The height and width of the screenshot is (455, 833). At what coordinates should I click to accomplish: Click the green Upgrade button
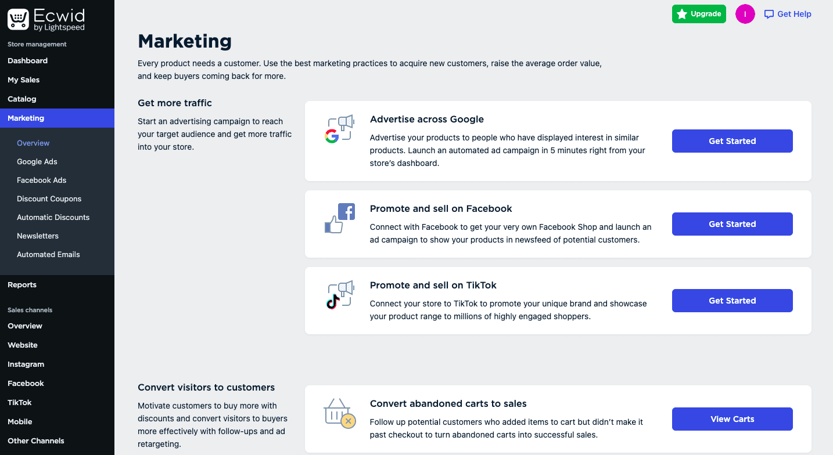699,14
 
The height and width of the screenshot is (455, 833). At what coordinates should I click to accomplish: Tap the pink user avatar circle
745,14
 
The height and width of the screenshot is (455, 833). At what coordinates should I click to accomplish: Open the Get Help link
788,14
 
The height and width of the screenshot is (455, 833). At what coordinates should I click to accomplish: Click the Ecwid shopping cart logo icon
18,19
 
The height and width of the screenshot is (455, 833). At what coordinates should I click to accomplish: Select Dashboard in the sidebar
27,60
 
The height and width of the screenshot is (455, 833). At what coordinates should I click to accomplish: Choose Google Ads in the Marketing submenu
37,161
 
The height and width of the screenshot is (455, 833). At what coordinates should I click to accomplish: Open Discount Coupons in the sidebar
49,198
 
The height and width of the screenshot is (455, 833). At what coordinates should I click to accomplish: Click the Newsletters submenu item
38,236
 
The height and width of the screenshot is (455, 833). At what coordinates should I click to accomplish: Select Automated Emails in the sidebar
48,254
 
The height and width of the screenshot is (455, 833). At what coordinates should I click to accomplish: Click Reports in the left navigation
22,284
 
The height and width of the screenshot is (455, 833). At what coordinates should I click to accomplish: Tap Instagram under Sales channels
26,364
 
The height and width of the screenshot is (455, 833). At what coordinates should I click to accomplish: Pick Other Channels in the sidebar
35,440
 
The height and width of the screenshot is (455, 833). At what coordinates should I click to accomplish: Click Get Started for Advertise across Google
733,141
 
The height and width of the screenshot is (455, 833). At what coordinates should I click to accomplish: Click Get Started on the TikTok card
733,301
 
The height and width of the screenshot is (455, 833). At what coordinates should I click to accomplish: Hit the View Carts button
733,419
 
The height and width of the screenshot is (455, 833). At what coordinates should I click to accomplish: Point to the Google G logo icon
332,136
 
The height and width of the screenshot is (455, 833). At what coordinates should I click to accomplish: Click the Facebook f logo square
347,212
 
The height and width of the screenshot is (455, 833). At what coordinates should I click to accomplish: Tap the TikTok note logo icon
333,302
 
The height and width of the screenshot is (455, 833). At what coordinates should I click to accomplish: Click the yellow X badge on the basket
349,421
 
